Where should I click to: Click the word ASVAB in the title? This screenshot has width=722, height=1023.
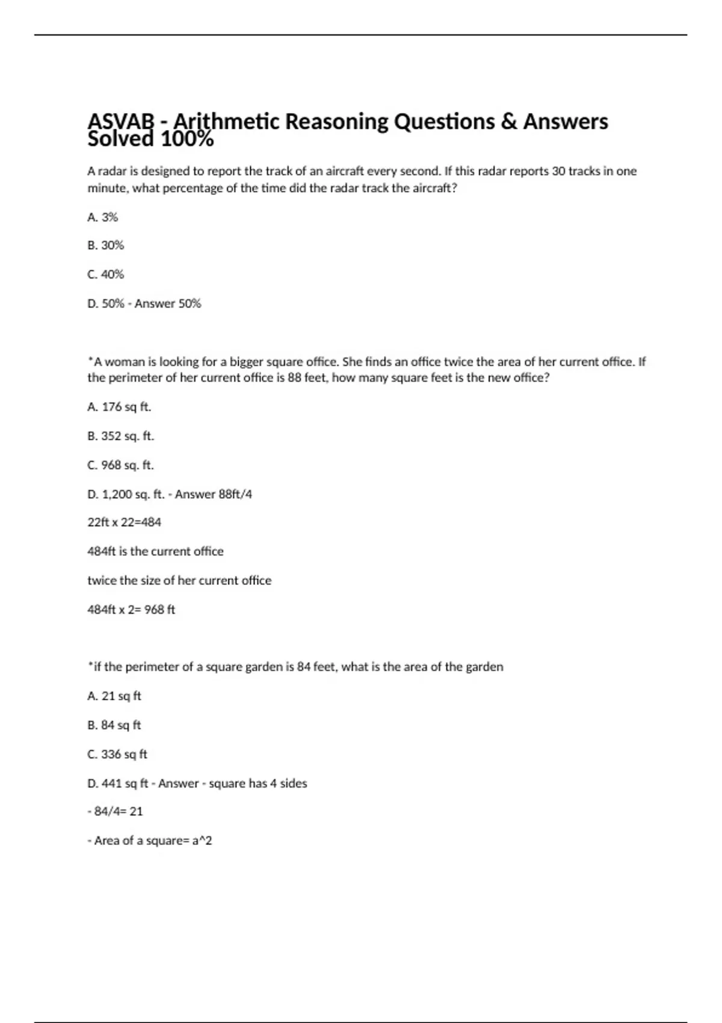click(121, 122)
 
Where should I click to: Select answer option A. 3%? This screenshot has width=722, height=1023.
click(103, 217)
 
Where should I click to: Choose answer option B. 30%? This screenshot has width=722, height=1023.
click(105, 246)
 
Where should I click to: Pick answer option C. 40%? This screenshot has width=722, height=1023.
click(105, 274)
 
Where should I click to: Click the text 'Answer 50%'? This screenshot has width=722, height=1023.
click(168, 304)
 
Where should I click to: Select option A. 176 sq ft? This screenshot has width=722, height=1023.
click(119, 407)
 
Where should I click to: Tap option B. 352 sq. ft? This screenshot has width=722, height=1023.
click(120, 436)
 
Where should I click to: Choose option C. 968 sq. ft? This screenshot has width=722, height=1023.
click(120, 465)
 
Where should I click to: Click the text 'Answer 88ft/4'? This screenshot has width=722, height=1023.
click(214, 495)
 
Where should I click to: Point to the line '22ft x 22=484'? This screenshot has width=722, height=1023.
click(125, 522)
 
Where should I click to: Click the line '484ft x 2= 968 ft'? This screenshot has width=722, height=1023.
click(131, 610)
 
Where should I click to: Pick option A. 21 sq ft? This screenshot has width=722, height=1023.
click(114, 696)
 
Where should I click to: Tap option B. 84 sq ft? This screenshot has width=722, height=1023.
click(114, 725)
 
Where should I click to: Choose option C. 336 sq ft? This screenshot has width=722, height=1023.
click(117, 754)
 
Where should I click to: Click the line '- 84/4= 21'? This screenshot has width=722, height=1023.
click(116, 812)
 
